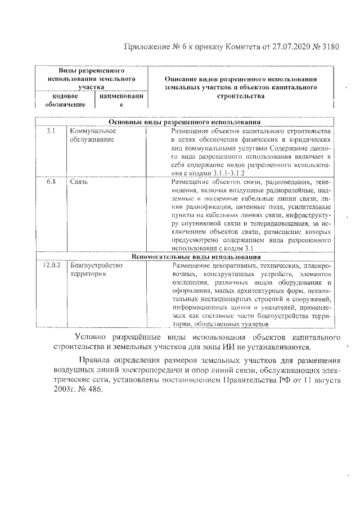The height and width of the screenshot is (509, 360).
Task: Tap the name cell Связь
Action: click(x=79, y=182)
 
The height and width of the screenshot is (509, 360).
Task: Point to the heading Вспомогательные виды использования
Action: click(x=184, y=256)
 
